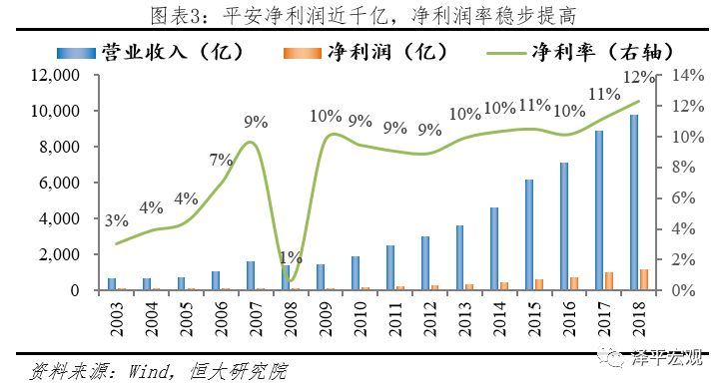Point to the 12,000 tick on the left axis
click(x=61, y=75)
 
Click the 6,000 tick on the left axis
click(x=65, y=183)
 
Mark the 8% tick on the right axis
click(x=665, y=168)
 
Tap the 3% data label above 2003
click(x=116, y=220)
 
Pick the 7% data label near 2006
click(x=221, y=160)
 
